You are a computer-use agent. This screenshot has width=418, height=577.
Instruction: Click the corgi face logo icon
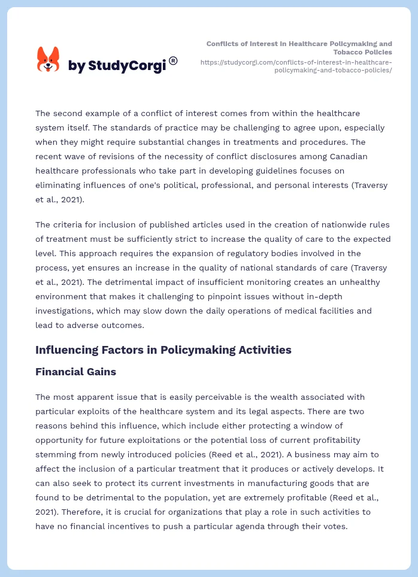[x=49, y=59]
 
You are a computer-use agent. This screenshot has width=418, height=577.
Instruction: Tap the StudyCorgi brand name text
[x=117, y=66]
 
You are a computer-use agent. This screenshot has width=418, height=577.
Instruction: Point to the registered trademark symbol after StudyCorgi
[x=173, y=60]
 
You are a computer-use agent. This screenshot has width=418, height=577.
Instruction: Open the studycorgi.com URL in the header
[x=297, y=66]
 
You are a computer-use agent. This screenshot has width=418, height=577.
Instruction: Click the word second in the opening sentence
[x=68, y=113]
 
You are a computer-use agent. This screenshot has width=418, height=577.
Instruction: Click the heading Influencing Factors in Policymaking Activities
[x=163, y=350]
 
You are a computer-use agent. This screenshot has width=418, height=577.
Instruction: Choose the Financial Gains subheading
[x=75, y=372]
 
